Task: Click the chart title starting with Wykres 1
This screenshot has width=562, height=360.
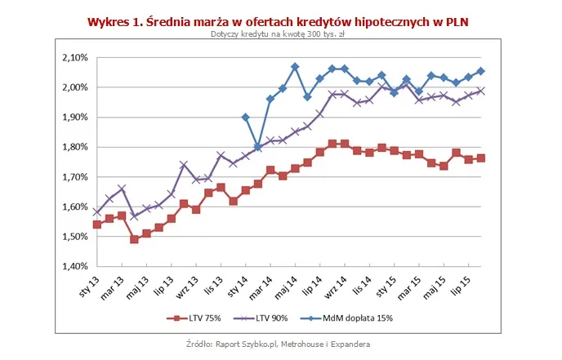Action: click(279, 21)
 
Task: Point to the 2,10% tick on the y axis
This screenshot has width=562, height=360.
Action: click(74, 58)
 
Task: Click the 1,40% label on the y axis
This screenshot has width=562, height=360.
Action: click(74, 266)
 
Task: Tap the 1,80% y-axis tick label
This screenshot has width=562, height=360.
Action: click(74, 147)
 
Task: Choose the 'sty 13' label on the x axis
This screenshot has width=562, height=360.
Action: click(87, 288)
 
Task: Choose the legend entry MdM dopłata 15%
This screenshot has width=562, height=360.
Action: click(365, 318)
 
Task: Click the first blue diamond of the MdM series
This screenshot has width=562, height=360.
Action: click(246, 117)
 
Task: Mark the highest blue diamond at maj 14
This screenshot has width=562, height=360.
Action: click(295, 67)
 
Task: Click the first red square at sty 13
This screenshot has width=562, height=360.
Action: click(97, 224)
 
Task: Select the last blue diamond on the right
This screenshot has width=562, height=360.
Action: click(480, 71)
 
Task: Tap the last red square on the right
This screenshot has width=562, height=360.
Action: click(480, 158)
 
